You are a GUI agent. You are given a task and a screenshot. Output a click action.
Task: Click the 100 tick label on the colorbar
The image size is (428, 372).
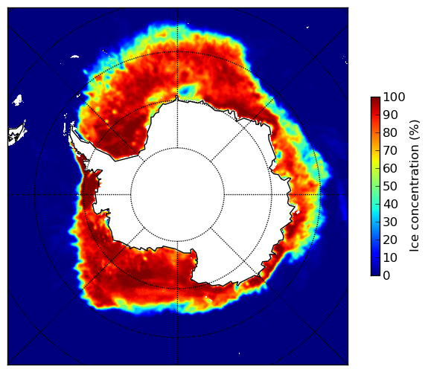(394, 97)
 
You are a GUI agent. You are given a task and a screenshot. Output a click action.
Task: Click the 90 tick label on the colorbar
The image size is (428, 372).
(390, 115)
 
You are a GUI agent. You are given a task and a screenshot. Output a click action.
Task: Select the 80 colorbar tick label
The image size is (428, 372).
(390, 132)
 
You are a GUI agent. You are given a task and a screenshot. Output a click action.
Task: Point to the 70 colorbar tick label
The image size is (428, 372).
(390, 150)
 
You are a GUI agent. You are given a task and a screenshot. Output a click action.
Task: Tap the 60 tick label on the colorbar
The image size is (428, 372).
(390, 168)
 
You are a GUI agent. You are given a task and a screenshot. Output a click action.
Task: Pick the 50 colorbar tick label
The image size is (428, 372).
(390, 187)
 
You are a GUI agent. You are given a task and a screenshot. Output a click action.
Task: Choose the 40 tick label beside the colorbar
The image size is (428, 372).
(390, 204)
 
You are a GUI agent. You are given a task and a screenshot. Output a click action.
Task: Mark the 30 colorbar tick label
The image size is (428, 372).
(390, 222)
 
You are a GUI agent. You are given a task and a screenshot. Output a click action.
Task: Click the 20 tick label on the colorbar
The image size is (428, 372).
(390, 240)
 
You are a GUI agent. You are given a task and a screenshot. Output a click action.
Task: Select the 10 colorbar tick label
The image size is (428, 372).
(390, 257)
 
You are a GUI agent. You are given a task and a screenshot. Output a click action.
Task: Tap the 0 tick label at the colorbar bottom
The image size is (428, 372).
(386, 276)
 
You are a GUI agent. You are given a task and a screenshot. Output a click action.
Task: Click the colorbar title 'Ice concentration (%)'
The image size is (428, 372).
(415, 186)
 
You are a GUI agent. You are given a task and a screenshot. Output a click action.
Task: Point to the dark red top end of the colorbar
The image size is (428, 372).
(375, 99)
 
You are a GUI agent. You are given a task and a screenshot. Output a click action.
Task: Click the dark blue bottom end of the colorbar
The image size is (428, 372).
(375, 274)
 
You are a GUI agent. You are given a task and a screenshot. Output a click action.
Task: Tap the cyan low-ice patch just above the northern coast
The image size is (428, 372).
(188, 89)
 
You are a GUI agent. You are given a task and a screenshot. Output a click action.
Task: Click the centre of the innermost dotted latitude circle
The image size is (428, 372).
(177, 195)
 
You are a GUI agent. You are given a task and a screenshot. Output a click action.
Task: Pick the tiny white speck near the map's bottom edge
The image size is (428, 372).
(240, 353)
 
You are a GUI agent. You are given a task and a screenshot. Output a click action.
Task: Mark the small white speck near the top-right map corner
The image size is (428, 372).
(307, 27)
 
